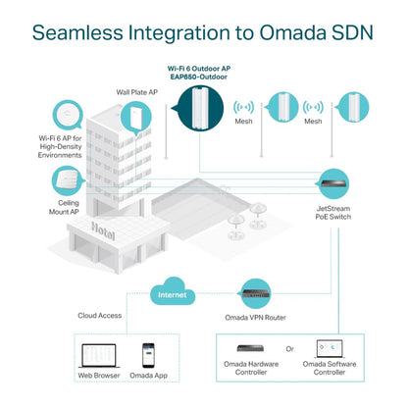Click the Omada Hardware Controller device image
click(257, 349)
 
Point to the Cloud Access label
click(100, 316)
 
